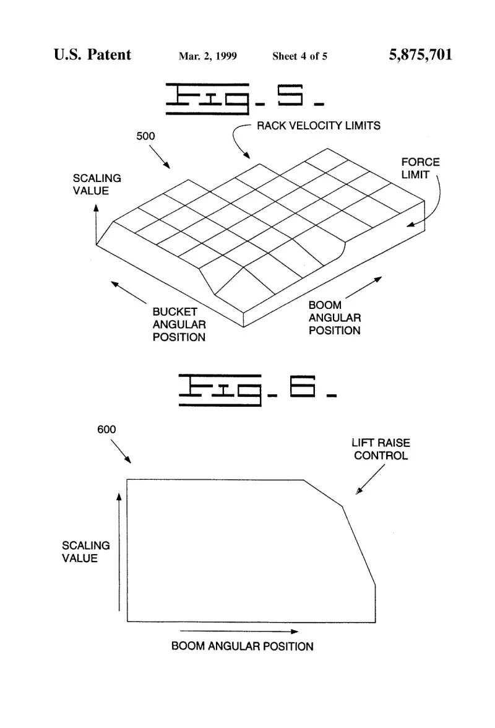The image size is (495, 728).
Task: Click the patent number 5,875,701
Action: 420,54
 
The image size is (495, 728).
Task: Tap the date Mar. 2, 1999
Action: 207,56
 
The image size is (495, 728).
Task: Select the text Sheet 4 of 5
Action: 299,56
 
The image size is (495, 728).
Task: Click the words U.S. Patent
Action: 92,54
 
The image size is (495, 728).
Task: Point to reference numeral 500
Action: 145,136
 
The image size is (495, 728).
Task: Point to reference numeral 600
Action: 106,430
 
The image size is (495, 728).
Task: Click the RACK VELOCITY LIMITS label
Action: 319,125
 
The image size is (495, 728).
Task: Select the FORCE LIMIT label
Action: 420,168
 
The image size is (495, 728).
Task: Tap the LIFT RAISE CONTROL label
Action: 381,449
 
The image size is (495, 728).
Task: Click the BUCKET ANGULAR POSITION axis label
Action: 179,324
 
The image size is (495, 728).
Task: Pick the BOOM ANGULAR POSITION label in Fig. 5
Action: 335,318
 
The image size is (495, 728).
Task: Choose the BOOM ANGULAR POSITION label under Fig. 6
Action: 242,646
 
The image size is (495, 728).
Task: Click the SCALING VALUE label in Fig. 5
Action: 97,184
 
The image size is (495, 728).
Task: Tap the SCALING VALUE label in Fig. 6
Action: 86,552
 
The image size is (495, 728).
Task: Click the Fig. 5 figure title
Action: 244,98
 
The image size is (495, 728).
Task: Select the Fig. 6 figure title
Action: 257,390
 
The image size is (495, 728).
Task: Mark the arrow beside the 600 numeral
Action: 121,451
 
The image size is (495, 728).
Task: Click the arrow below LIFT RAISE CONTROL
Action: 370,479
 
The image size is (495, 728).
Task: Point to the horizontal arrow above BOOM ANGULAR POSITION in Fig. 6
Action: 239,631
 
